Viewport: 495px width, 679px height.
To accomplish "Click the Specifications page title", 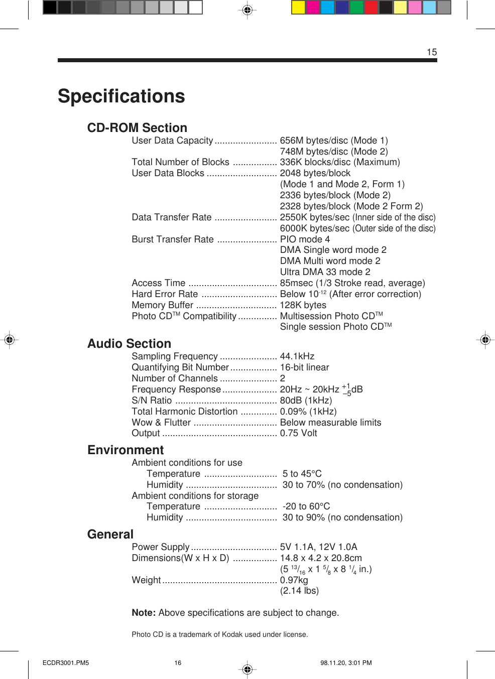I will click(x=121, y=96).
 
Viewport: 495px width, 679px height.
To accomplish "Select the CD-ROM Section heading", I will click(x=137, y=128).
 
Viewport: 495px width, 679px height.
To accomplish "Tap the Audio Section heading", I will click(x=129, y=344).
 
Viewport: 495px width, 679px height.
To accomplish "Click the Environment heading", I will click(x=126, y=450).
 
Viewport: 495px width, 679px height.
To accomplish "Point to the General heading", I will click(x=110, y=534).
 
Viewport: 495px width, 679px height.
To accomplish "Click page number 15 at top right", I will click(x=432, y=52).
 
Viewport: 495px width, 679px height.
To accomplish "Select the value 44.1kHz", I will click(x=297, y=356).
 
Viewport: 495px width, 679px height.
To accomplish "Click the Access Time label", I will click(x=159, y=283).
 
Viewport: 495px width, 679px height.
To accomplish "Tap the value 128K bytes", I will click(x=303, y=305).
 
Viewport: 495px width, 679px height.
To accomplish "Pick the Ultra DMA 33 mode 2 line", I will click(x=325, y=272).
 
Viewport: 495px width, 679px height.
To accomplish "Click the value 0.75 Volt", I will click(x=299, y=433).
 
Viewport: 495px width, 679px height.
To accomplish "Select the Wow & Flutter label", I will click(x=161, y=423).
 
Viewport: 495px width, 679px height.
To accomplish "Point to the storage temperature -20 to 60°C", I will click(x=306, y=506).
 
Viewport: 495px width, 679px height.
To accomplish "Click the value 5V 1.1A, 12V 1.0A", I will click(x=319, y=547).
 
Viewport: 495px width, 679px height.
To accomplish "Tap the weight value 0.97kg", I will click(x=294, y=580).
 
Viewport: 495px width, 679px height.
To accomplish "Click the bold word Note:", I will click(x=144, y=613).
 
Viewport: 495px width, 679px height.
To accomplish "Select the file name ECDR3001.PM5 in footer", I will click(x=66, y=663).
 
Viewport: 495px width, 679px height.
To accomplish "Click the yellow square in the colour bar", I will click(x=298, y=7).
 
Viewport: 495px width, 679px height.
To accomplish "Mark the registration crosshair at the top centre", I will click(x=247, y=10).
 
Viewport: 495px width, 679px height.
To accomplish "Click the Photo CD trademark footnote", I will click(x=220, y=634).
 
